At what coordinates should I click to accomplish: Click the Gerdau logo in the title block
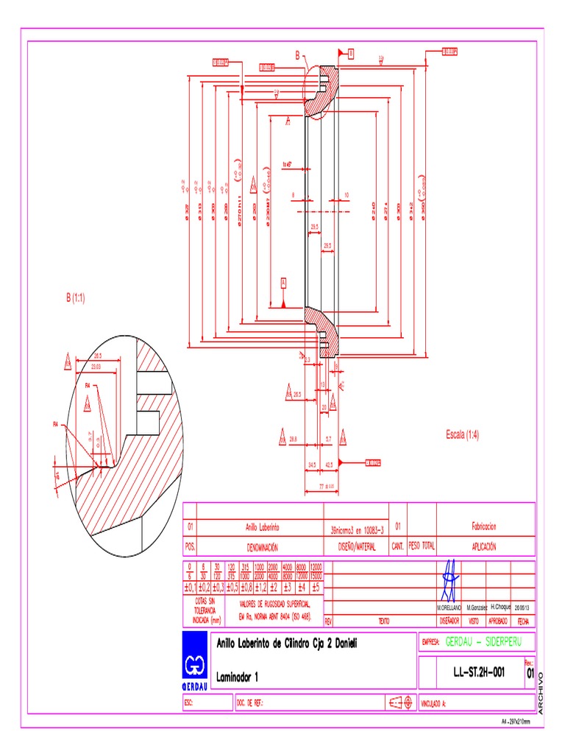tap(196, 660)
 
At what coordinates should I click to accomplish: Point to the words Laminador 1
tap(238, 675)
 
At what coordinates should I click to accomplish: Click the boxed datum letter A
tap(283, 281)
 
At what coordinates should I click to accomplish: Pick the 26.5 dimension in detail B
tap(96, 356)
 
